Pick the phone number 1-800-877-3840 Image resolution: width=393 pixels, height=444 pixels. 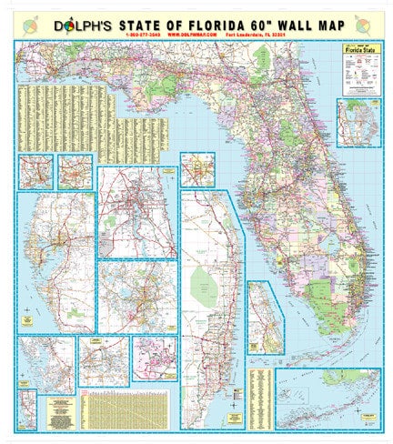pyautogui.click(x=116, y=36)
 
